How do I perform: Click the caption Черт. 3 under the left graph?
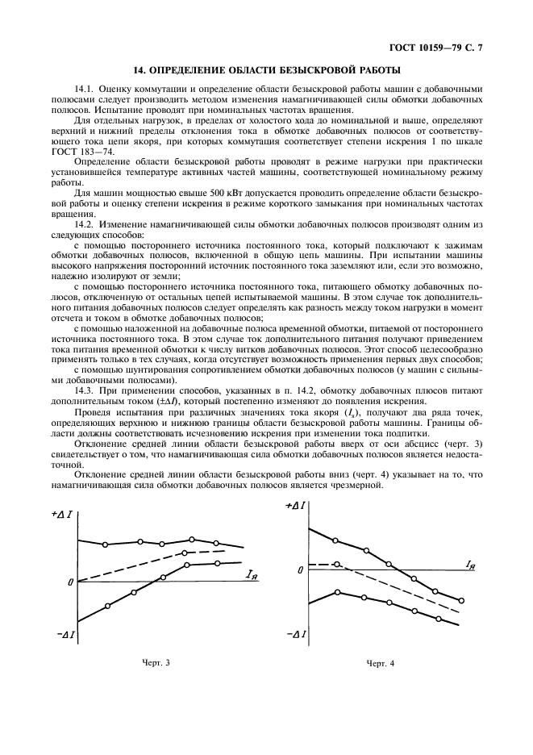pos(156,662)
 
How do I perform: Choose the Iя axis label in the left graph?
pos(252,574)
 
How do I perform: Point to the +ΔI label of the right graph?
pos(294,506)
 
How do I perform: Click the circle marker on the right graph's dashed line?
pos(337,565)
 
